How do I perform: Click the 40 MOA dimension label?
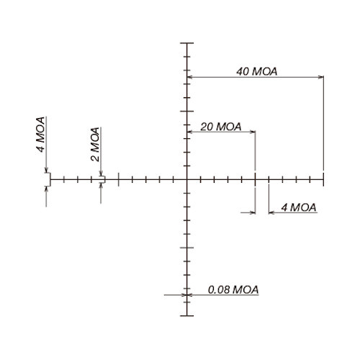pyautogui.click(x=256, y=71)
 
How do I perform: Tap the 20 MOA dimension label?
pyautogui.click(x=221, y=127)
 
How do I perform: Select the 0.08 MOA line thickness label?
pyautogui.click(x=233, y=289)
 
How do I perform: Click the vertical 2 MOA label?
pyautogui.click(x=95, y=144)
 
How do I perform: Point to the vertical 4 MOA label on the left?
pyautogui.click(x=40, y=135)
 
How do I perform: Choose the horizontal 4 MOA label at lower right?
pyautogui.click(x=299, y=207)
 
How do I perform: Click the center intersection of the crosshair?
pyautogui.click(x=187, y=179)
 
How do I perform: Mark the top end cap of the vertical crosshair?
pyautogui.click(x=187, y=43)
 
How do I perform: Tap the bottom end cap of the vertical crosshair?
pyautogui.click(x=187, y=315)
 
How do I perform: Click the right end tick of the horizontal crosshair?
pyautogui.click(x=323, y=179)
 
